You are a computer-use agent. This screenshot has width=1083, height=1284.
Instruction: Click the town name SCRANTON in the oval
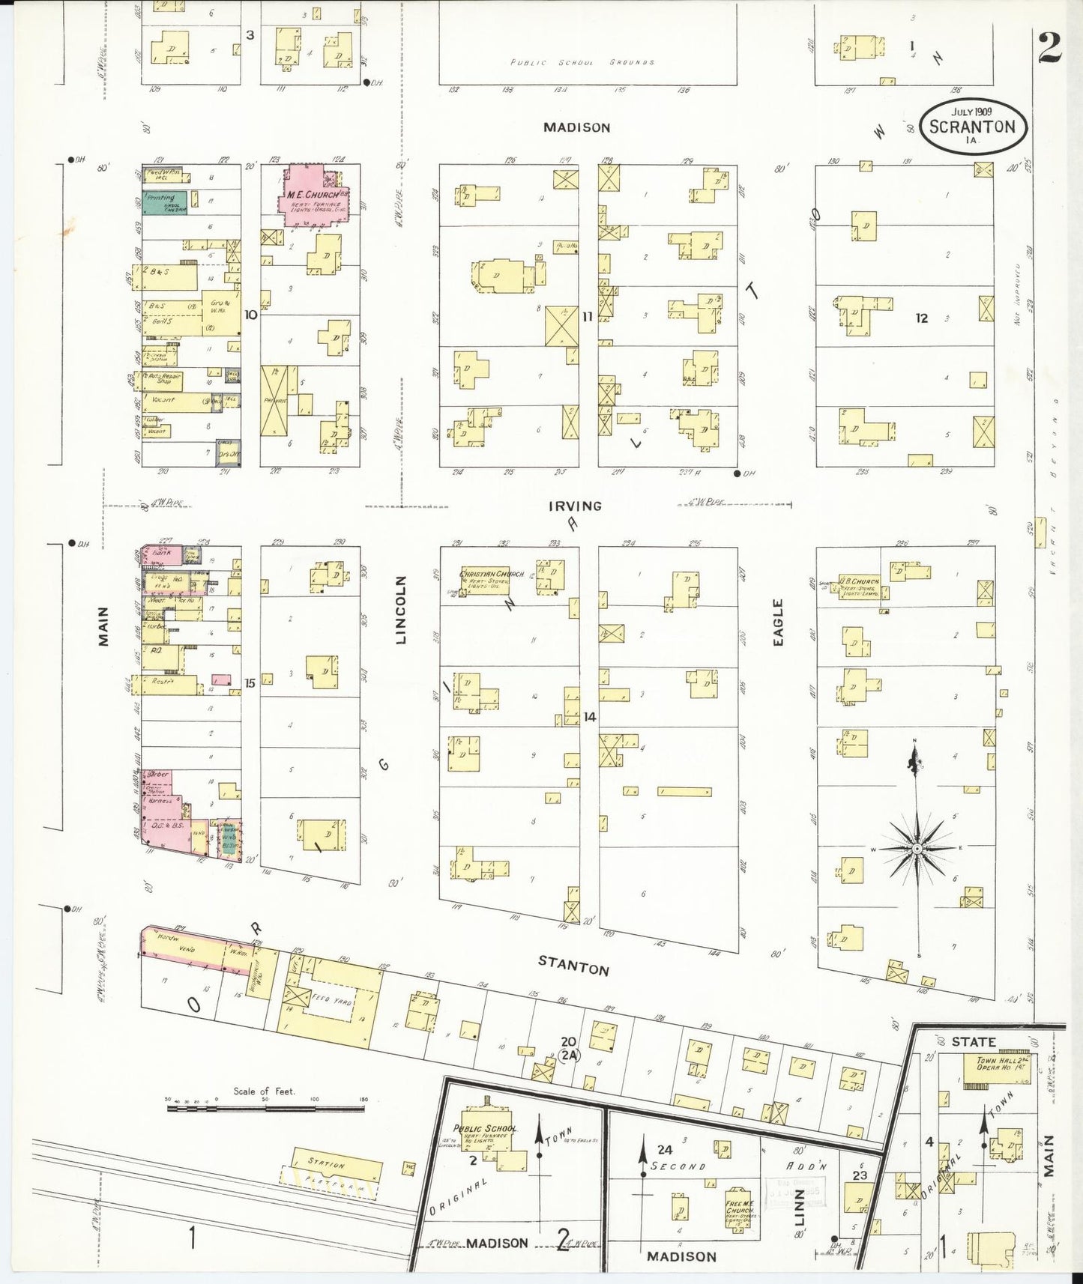[x=972, y=127]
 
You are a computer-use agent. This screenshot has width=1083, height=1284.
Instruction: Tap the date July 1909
[x=972, y=111]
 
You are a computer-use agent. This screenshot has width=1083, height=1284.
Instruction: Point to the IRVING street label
[x=575, y=506]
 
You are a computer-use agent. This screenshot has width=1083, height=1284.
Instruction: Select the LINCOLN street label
[x=401, y=610]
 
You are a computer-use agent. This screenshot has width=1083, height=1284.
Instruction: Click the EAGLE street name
[x=778, y=623]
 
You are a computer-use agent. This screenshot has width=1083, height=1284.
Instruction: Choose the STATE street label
[x=973, y=1042]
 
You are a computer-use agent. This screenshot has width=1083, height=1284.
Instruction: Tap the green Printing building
[x=163, y=202]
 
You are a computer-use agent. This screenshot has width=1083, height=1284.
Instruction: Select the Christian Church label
[x=492, y=575]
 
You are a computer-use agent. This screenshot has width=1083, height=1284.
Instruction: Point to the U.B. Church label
[x=859, y=581]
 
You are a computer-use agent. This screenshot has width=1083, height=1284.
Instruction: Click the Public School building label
[x=485, y=1129]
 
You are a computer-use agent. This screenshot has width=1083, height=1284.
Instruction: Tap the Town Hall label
[x=996, y=1062]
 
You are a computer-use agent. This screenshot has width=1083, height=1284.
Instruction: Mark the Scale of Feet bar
[x=267, y=1107]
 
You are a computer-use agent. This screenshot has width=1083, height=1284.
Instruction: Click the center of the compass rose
[x=915, y=848]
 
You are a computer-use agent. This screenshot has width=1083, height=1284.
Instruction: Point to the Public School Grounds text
[x=582, y=63]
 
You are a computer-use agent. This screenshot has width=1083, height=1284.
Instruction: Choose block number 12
[x=921, y=318]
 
